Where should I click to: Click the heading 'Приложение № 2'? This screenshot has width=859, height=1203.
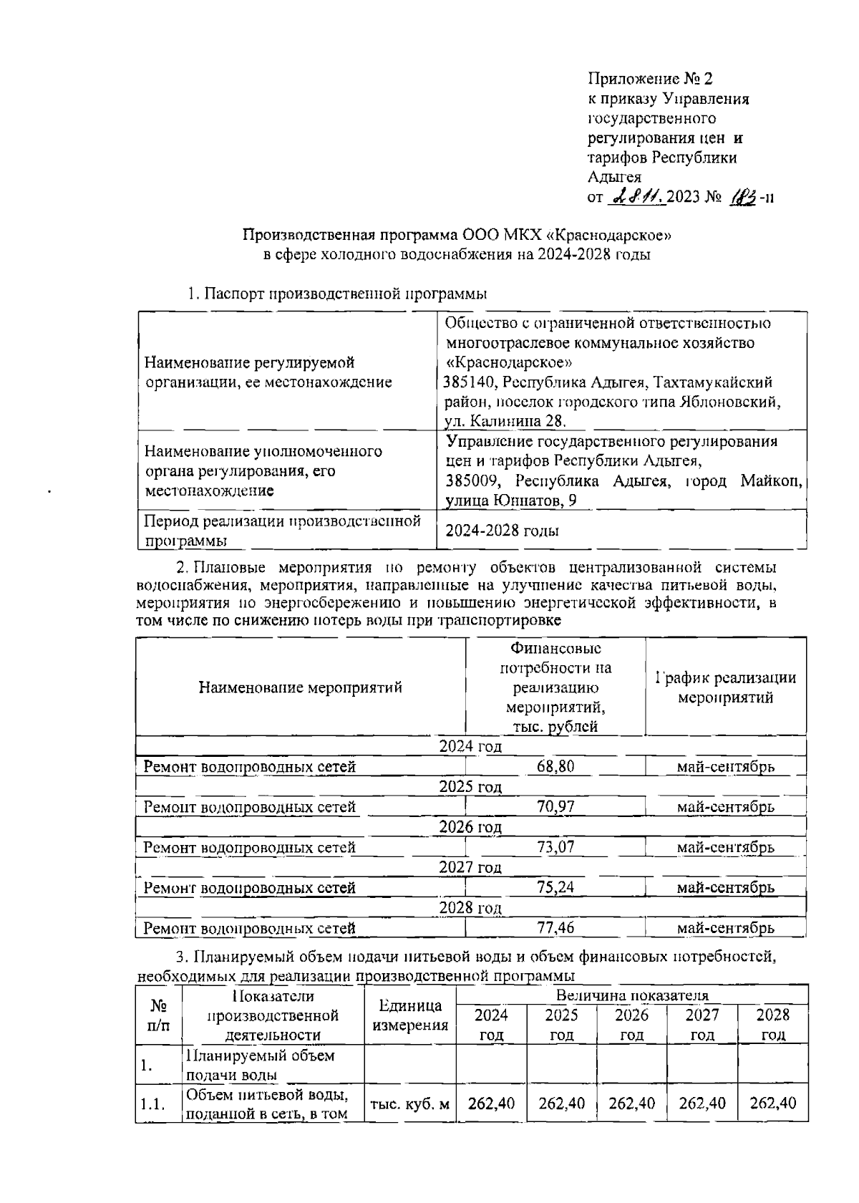tap(650, 78)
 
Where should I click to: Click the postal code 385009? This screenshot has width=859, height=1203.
tap(469, 480)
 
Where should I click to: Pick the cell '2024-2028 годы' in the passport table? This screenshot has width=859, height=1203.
tap(502, 531)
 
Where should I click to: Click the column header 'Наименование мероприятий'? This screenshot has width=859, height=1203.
tap(301, 688)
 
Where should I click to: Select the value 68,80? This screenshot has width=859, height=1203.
tap(555, 767)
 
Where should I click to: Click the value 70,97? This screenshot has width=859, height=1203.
tap(555, 807)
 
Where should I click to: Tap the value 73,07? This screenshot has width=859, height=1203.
tap(555, 847)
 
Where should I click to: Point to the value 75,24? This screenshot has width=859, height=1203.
tap(555, 887)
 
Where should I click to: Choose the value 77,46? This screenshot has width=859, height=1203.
tap(555, 928)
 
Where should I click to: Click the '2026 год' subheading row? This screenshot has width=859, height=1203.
tap(470, 827)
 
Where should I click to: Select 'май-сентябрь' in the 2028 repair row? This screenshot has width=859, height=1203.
tap(725, 928)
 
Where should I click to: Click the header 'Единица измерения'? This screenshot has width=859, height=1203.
tap(410, 1015)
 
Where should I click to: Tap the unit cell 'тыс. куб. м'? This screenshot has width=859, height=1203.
tap(410, 1103)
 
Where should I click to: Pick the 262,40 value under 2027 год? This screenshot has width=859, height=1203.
tap(702, 1103)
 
